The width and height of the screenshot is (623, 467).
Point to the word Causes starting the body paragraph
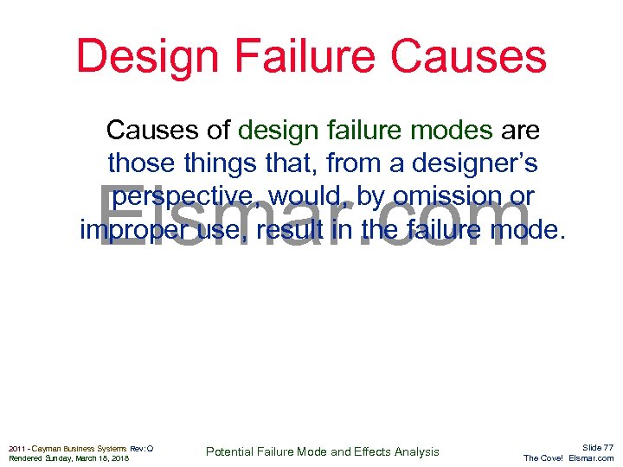[x=156, y=131]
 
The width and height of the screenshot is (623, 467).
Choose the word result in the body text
[x=287, y=231]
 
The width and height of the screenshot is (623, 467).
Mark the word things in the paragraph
[x=220, y=163]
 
